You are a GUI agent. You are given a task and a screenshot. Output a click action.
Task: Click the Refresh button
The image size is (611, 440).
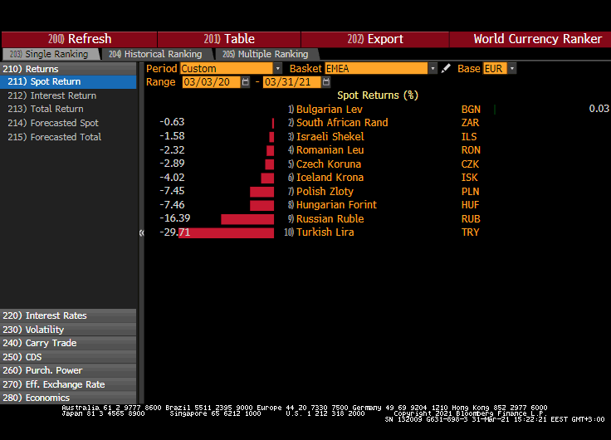tap(80, 39)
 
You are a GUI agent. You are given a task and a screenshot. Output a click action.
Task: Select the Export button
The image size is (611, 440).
tap(375, 39)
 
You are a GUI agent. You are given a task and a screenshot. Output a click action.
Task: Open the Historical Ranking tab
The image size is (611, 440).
tap(155, 54)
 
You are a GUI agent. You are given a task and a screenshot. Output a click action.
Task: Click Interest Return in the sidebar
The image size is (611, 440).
tap(63, 95)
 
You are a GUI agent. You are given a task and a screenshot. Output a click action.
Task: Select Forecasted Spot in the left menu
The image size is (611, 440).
tap(64, 123)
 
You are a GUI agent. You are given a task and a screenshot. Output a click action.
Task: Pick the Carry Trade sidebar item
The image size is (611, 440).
tap(51, 343)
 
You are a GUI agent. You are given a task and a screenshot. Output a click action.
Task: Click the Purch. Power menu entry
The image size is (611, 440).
tap(54, 370)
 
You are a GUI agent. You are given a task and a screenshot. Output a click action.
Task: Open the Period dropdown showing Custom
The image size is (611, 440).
tap(231, 68)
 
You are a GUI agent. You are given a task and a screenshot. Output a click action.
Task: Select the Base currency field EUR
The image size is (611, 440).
tap(495, 68)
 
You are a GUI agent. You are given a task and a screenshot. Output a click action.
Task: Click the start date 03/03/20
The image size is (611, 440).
tap(211, 82)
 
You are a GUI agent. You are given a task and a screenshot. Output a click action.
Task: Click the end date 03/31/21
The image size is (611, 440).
tap(291, 82)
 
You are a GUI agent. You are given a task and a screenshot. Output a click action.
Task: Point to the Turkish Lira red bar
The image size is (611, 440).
tap(226, 232)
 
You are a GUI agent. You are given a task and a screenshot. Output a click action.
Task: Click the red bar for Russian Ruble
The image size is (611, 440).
tap(247, 219)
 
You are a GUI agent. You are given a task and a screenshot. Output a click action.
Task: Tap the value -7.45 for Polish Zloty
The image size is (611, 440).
tap(172, 191)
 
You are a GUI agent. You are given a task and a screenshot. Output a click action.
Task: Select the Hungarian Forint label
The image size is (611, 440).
tap(336, 205)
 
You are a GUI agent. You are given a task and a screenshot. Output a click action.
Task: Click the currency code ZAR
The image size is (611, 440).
tap(471, 123)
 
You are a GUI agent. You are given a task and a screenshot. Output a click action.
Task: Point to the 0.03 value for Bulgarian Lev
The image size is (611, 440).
tap(599, 109)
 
